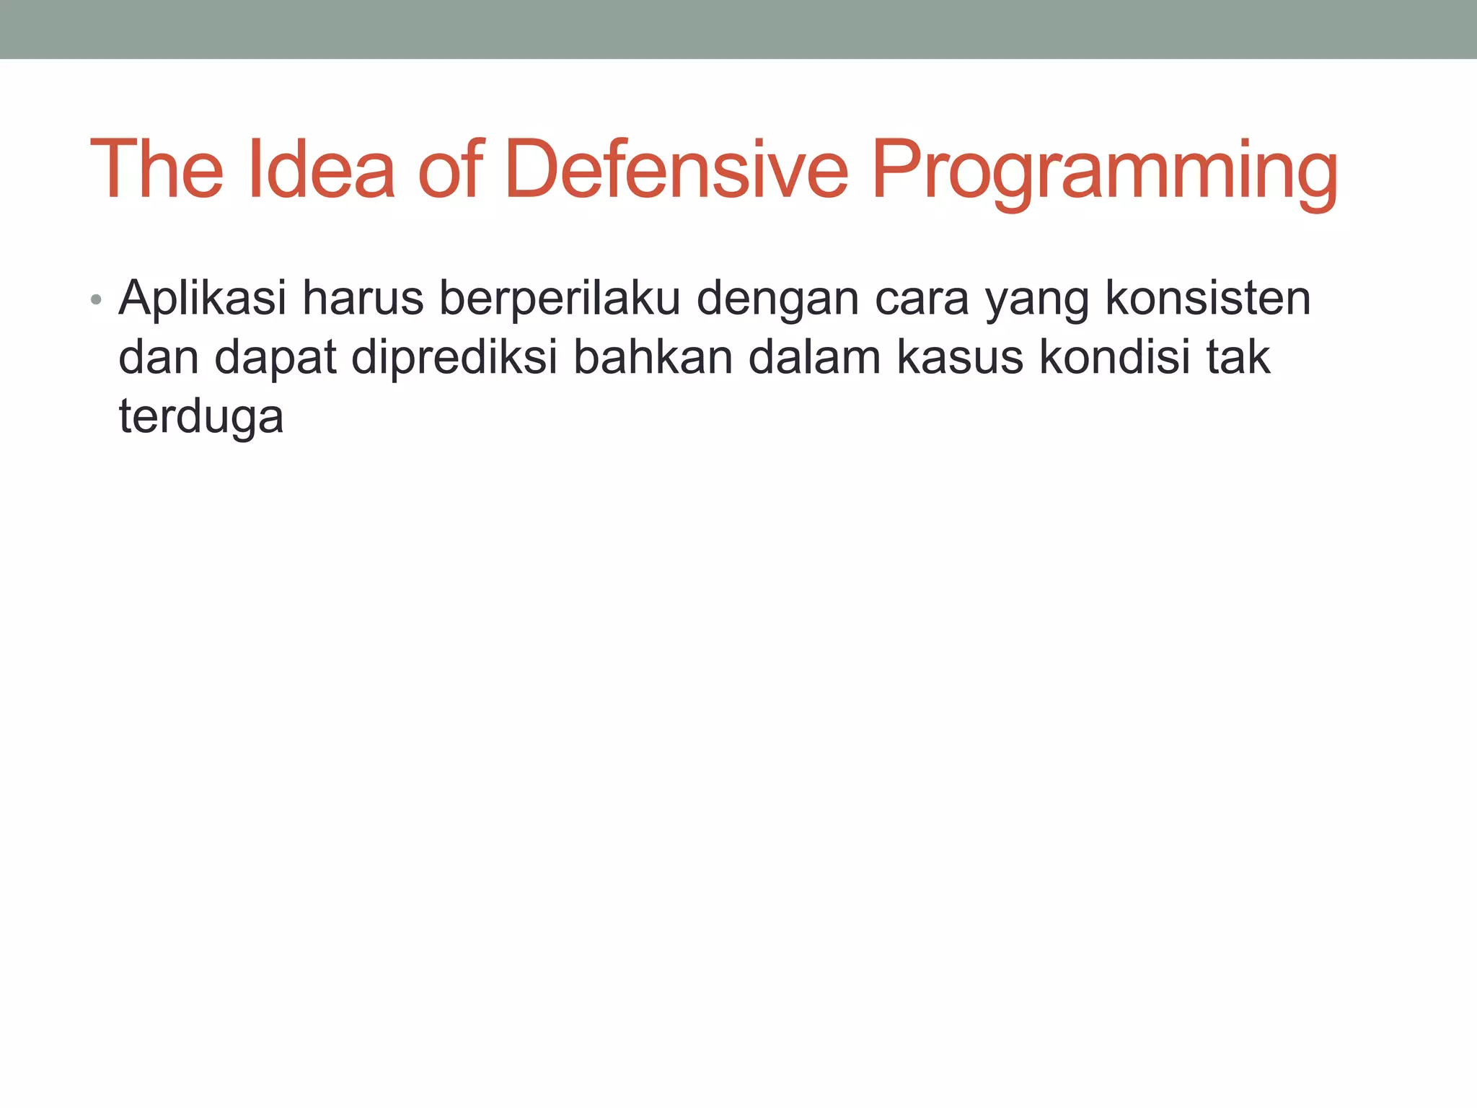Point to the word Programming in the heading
[x=1104, y=173]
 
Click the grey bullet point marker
[x=97, y=299]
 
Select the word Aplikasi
[x=203, y=299]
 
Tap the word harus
[x=363, y=298]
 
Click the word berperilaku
[x=560, y=299]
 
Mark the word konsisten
[x=1208, y=298]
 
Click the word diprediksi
[x=454, y=359]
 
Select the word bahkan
[x=653, y=357]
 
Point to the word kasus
[x=959, y=359]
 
